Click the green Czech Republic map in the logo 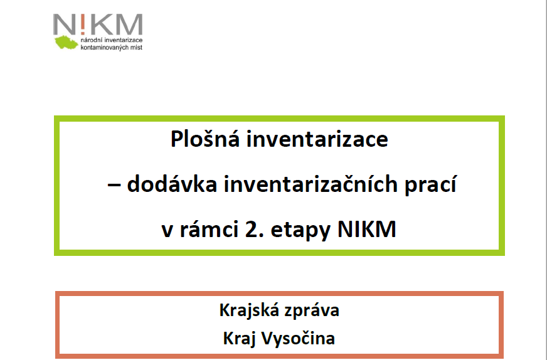66,42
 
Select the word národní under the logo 92,40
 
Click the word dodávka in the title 172,184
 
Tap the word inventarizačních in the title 311,184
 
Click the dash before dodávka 114,185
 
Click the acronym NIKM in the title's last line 366,229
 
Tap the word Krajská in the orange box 248,310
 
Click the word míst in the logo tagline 136,47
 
